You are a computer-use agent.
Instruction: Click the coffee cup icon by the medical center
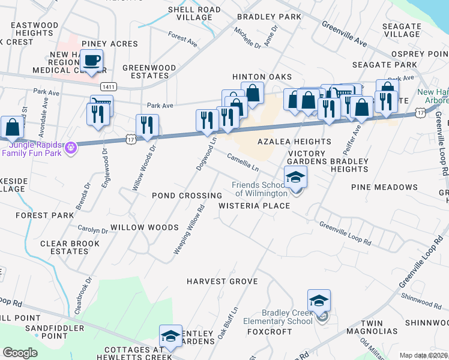click(92, 61)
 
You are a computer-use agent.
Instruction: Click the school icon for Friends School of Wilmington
click(295, 178)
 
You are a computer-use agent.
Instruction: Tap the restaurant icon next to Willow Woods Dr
click(147, 126)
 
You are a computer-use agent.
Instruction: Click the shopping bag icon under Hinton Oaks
click(253, 94)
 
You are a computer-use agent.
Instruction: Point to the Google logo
click(20, 352)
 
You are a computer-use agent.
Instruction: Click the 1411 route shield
click(108, 86)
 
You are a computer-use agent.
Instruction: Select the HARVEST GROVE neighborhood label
click(221, 281)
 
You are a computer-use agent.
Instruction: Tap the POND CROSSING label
click(187, 196)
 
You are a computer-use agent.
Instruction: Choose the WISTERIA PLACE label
click(254, 206)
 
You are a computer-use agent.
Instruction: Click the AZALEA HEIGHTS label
click(294, 142)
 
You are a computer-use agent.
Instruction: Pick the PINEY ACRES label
click(110, 44)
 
